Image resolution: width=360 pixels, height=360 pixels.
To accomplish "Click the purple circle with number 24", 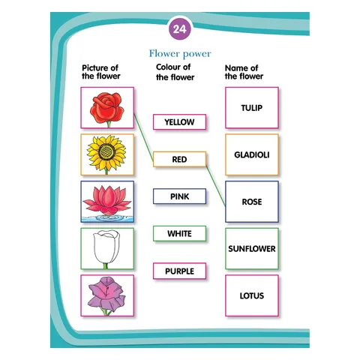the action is pos(180,28).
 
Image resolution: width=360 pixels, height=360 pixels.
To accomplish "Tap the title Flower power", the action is pos(180,54).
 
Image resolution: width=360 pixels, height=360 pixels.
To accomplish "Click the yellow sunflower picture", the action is pos(107,154).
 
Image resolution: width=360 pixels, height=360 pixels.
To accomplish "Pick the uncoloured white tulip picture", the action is pos(107,248).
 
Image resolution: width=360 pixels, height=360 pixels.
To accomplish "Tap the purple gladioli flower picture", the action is pos(107,295).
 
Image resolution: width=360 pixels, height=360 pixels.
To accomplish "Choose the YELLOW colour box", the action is pos(179,122).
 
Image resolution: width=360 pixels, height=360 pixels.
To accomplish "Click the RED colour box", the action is pos(179,159).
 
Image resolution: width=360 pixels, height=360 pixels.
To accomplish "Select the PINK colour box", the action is pos(179,196).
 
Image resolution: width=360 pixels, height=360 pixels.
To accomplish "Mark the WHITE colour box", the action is pos(179,233).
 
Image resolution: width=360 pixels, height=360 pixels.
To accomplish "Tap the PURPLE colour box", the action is pos(179,271).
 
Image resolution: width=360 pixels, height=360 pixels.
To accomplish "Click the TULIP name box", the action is pos(252,108).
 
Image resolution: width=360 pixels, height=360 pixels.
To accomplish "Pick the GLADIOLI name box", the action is pos(252,154).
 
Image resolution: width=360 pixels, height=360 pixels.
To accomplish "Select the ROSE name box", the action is pos(252,202).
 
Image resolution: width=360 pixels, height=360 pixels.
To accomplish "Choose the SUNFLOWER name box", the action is pos(252,248).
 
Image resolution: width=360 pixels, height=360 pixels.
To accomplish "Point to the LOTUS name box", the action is pos(252,295).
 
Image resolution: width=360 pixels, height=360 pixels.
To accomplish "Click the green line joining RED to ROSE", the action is pos(216,186).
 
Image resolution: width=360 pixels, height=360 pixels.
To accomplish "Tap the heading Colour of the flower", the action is pos(175,72).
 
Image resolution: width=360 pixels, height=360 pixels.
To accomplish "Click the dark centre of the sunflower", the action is pos(106,152).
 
